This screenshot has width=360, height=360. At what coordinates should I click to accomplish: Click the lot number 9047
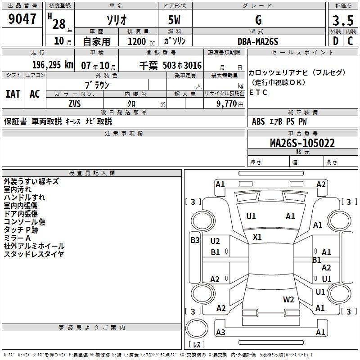tap(22, 19)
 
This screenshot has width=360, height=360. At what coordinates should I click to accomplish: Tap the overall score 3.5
tap(342, 21)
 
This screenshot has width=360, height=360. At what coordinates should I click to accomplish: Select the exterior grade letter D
tap(335, 41)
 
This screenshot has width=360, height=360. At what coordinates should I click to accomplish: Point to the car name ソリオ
tap(116, 21)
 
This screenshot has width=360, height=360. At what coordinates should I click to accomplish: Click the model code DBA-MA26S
tap(258, 41)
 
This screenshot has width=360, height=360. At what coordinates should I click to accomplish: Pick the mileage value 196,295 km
tap(53, 65)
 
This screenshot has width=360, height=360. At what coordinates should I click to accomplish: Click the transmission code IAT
tap(13, 94)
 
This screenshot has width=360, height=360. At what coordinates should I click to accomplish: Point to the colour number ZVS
tap(74, 103)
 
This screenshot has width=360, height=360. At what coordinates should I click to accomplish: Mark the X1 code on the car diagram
tap(257, 237)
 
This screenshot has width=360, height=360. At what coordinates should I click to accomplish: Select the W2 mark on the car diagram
tap(288, 299)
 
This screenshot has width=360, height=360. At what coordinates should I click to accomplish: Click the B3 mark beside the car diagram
tap(195, 240)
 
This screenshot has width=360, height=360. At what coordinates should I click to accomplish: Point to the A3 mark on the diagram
tap(220, 332)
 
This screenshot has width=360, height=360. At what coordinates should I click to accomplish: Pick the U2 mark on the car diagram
tap(215, 241)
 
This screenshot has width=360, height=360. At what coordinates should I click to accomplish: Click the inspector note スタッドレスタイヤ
tap(34, 254)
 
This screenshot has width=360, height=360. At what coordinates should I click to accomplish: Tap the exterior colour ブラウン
tap(97, 85)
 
